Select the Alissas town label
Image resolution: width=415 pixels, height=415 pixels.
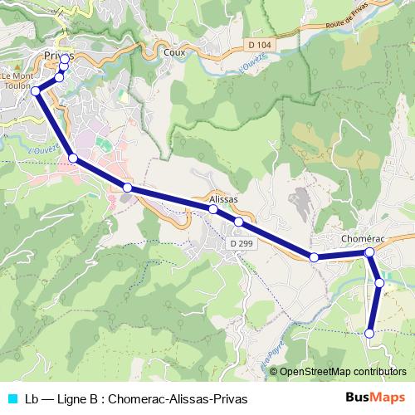[223, 200]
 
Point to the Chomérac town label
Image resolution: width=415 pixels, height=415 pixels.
[364, 238]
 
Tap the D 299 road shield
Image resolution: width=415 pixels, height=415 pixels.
[242, 244]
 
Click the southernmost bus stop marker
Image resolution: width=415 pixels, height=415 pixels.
[370, 334]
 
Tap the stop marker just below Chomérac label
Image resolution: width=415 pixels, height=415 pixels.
[370, 251]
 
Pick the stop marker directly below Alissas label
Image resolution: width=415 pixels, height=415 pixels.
[213, 209]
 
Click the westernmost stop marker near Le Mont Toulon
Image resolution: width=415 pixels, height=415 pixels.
[36, 90]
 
